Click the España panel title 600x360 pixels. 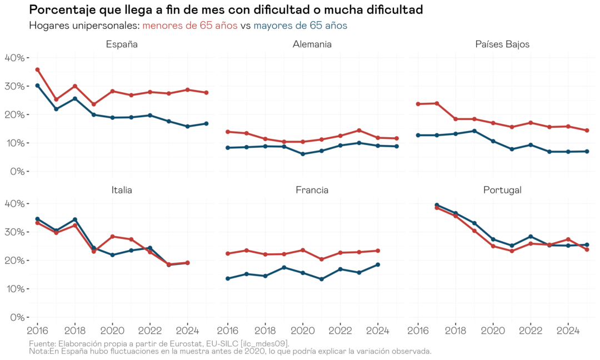point(122,44)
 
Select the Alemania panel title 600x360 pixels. point(312,44)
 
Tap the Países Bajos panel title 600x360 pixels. point(502,44)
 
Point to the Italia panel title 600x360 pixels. point(122,190)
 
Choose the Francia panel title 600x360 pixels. point(312,190)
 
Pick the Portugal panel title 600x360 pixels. point(502,190)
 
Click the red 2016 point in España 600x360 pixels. point(37,69)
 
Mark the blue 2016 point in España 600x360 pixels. point(37,86)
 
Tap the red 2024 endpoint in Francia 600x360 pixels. point(378,251)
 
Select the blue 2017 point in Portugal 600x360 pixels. point(437,205)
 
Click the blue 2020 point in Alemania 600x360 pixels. point(302,154)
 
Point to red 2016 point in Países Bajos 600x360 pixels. point(418,104)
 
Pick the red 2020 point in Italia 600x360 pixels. point(112,237)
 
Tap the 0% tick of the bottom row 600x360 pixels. point(16,317)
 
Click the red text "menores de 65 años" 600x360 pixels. point(190,26)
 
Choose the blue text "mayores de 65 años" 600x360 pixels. point(300,26)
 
